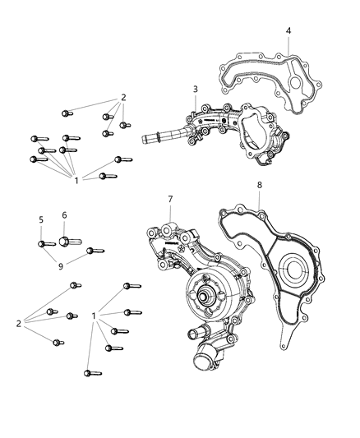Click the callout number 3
pos(195,89)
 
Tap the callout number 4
pos(288,30)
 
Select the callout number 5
pos(40,219)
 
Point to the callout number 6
pos(63,215)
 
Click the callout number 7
pos(170,200)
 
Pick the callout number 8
pos(259,209)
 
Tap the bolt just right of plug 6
pos(95,250)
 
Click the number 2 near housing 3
pos(123,97)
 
